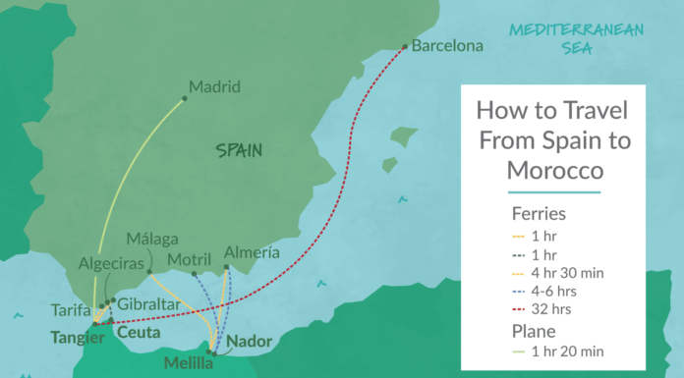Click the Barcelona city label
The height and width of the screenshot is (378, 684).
coord(447,45)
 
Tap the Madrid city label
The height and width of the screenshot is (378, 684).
coord(214,86)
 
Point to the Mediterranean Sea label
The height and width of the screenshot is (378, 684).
coord(576,36)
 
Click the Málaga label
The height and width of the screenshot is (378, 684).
coord(152,239)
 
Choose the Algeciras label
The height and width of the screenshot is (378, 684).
coord(110,265)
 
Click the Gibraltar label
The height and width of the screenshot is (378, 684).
coord(147,305)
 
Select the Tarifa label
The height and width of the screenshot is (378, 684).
coord(71,310)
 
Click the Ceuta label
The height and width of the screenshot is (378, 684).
coord(138,334)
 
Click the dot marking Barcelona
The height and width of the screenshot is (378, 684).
coord(406,45)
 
